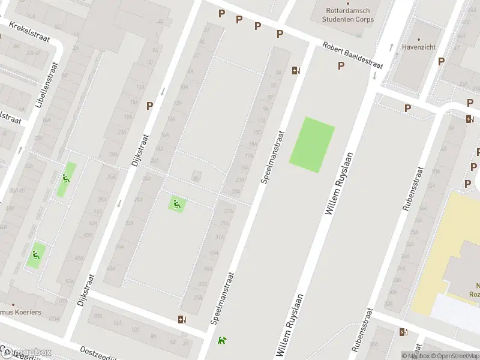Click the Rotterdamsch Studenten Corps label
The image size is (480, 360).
pos(349,15)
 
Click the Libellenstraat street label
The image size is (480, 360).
pos(47,93)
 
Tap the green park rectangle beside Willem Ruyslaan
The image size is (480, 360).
pos(312,145)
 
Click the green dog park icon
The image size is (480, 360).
pos(223,340)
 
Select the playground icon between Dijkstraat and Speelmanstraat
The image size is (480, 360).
pos(176,204)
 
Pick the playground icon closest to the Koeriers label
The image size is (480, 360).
pos(37,256)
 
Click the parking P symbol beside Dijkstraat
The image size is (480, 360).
pos(150,105)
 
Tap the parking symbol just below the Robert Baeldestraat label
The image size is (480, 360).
pos(341,66)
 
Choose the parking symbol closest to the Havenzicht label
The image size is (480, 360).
pos(441,61)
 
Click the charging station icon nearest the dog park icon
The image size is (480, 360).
pos(182,319)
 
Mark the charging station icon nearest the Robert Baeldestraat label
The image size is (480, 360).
pos(295,70)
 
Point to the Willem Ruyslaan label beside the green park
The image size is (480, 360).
pos(338,184)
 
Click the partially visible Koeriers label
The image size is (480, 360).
pos(24,296)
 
